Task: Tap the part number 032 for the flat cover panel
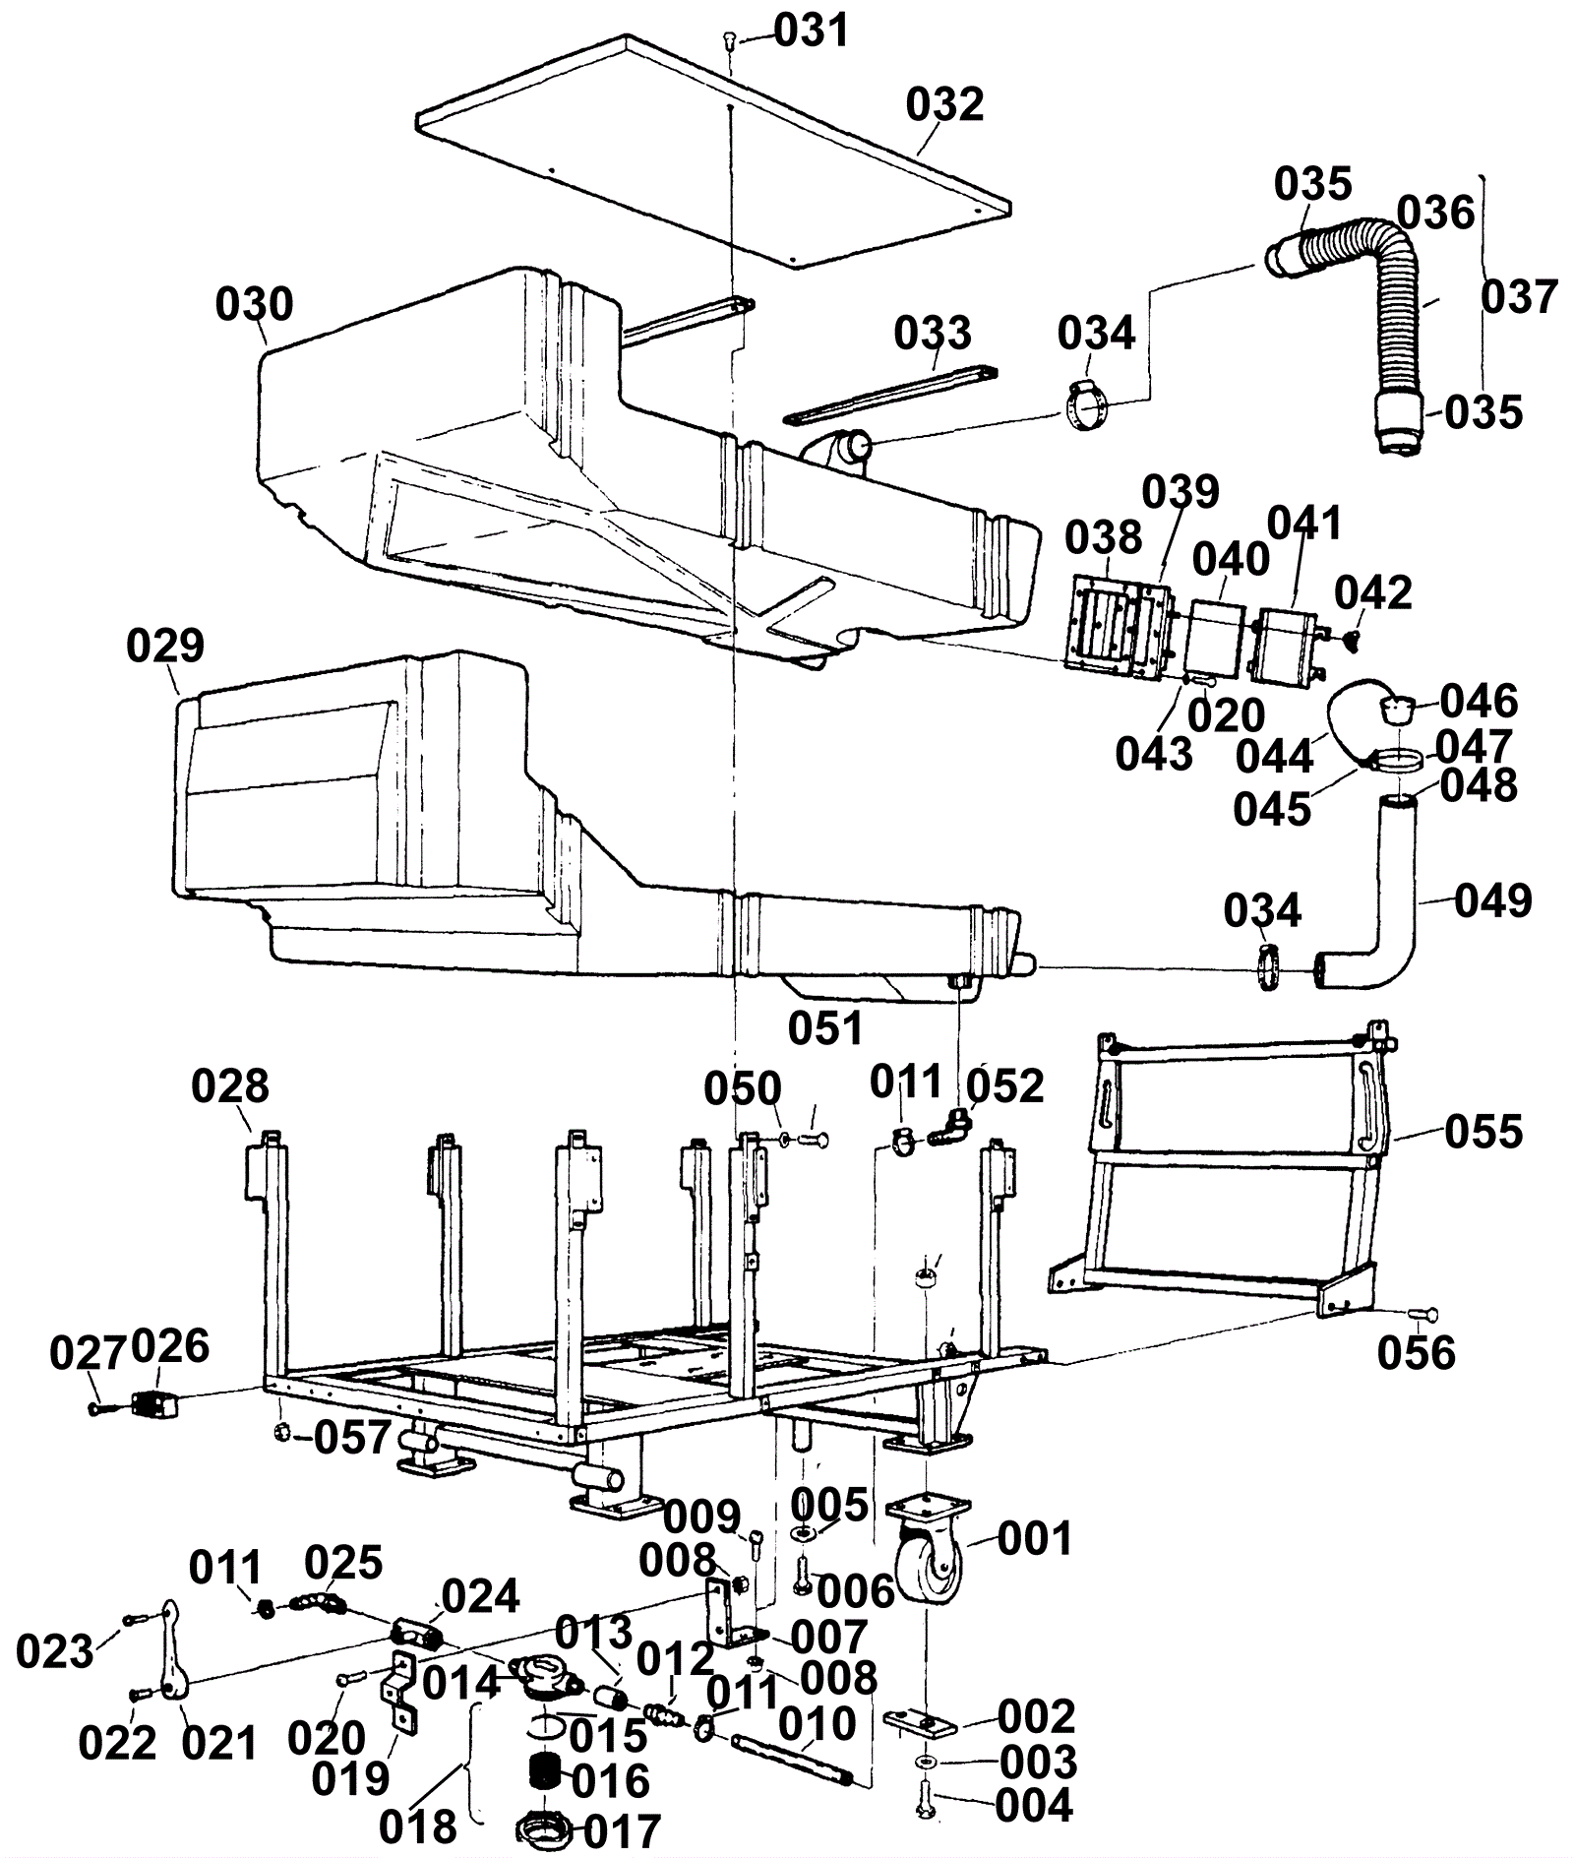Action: (x=944, y=104)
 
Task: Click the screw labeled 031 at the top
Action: (x=729, y=39)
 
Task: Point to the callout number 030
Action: (x=255, y=304)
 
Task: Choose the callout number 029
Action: (x=165, y=646)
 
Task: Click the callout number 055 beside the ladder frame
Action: (x=1483, y=1132)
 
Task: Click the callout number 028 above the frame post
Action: (x=230, y=1086)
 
